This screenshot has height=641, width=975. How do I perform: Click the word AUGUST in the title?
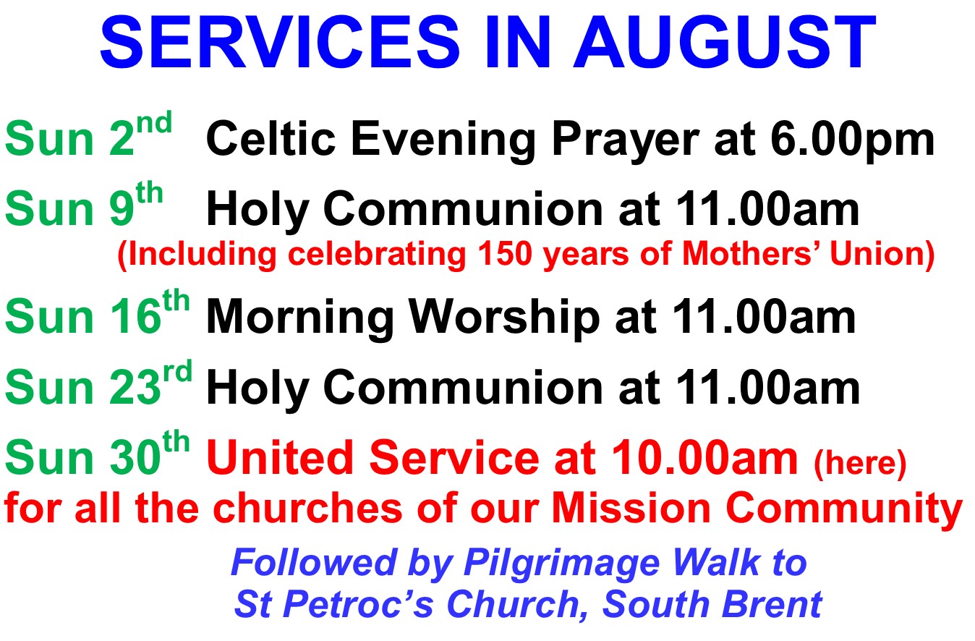point(725,42)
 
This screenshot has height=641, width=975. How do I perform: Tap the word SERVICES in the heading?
point(280,42)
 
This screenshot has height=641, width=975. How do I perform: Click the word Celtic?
point(271,138)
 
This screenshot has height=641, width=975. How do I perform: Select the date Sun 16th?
point(97,312)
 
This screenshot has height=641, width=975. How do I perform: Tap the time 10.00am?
point(704,458)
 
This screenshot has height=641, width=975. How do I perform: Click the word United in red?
point(280,457)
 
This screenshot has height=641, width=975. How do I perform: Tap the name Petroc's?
point(358,604)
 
